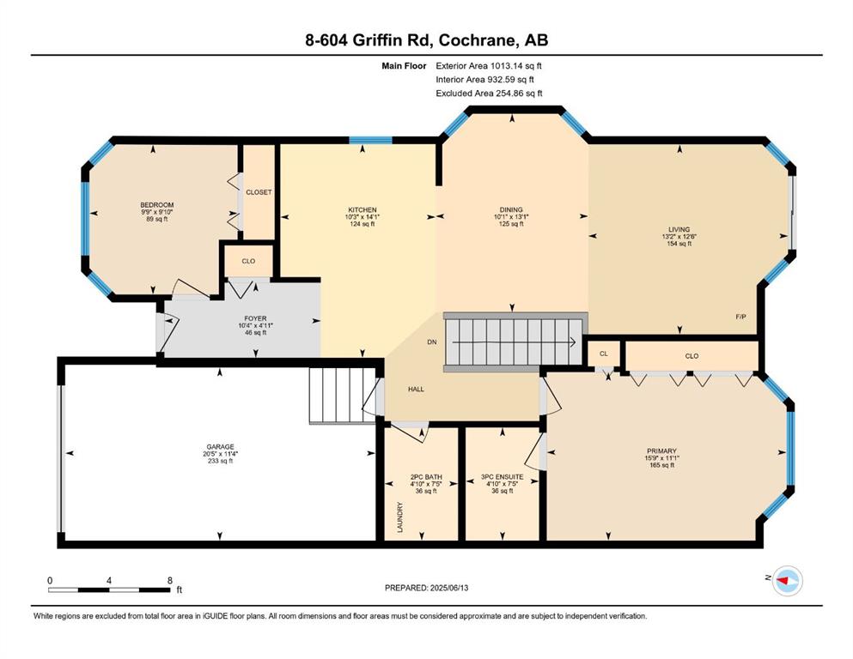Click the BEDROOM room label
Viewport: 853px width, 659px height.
pyautogui.click(x=156, y=205)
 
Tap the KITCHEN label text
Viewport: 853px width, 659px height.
pyautogui.click(x=363, y=209)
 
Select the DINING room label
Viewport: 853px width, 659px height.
pyautogui.click(x=511, y=209)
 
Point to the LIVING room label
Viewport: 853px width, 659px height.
pyautogui.click(x=679, y=229)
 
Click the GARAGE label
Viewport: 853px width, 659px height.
pyautogui.click(x=220, y=446)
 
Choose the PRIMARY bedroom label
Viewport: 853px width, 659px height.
pyautogui.click(x=661, y=451)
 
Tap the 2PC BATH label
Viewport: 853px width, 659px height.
pyautogui.click(x=426, y=477)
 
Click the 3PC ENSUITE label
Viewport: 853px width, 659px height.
pyautogui.click(x=503, y=477)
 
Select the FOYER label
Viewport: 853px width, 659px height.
pyautogui.click(x=255, y=318)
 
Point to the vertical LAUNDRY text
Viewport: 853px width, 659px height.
pyautogui.click(x=400, y=517)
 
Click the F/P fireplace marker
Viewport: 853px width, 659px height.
pyautogui.click(x=740, y=317)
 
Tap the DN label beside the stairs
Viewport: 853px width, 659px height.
pyautogui.click(x=432, y=342)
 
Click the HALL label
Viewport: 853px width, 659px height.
pyautogui.click(x=416, y=389)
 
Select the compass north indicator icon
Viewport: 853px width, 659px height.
pyautogui.click(x=788, y=581)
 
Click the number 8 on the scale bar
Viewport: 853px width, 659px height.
pyautogui.click(x=170, y=580)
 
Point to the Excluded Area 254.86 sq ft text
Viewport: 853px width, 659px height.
pyautogui.click(x=489, y=94)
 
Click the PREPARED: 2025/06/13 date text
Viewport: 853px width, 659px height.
pyautogui.click(x=426, y=588)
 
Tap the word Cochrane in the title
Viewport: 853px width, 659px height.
pyautogui.click(x=477, y=40)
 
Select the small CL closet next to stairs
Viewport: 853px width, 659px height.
pyautogui.click(x=603, y=354)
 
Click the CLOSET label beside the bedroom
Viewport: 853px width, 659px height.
pyautogui.click(x=259, y=192)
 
